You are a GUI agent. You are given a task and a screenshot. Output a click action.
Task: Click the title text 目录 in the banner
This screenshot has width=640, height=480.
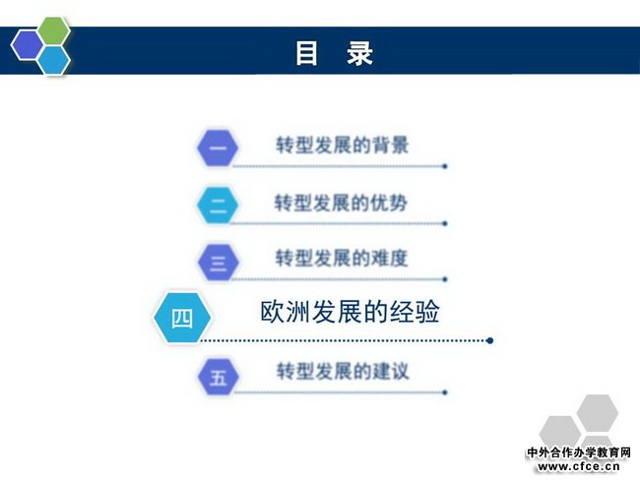(x=335, y=53)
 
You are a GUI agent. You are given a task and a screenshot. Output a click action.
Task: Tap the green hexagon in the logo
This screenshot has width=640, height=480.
(x=54, y=31)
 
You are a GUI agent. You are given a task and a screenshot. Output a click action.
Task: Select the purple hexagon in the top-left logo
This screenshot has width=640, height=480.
(x=27, y=45)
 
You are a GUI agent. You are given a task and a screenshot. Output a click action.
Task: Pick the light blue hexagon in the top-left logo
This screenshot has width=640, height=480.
(x=54, y=60)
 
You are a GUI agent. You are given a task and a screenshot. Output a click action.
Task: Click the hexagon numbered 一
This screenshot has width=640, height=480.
(x=218, y=148)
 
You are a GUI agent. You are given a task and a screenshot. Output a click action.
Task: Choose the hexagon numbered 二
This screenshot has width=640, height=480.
(x=218, y=205)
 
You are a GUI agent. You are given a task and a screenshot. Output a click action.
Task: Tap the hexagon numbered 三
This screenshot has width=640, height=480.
(x=218, y=262)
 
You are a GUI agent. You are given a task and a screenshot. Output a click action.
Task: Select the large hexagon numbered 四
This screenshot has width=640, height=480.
(x=182, y=318)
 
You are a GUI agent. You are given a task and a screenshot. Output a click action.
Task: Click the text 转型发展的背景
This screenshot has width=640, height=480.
(x=342, y=146)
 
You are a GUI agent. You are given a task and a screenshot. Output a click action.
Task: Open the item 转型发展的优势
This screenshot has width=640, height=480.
(x=341, y=203)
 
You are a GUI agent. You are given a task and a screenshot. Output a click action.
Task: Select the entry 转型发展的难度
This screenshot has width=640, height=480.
(x=342, y=258)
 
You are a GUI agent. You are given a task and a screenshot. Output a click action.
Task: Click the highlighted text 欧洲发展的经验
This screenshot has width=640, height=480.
(x=350, y=312)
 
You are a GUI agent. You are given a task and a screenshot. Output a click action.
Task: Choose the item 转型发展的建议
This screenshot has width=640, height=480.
(x=343, y=371)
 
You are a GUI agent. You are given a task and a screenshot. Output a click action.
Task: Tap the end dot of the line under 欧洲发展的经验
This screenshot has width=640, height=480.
(x=490, y=340)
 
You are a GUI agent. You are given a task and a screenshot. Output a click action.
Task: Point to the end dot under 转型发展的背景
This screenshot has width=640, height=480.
(x=445, y=166)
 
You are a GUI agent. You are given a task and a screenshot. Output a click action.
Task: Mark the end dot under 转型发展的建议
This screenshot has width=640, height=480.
(x=445, y=392)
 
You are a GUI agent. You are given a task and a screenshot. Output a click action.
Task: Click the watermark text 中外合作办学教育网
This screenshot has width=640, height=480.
(x=579, y=452)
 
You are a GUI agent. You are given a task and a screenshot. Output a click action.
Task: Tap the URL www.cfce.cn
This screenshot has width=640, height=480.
(x=579, y=466)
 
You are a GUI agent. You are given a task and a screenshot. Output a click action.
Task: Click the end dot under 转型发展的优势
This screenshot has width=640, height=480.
(x=445, y=223)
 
